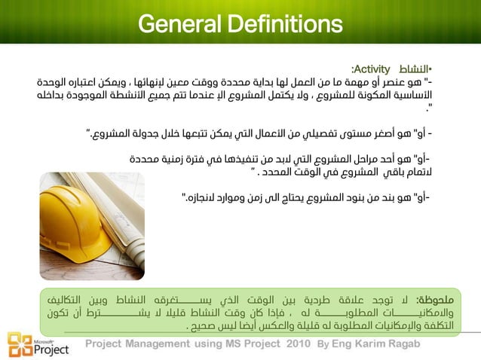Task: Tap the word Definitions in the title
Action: tap(291, 25)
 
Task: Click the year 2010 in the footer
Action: tap(298, 344)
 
